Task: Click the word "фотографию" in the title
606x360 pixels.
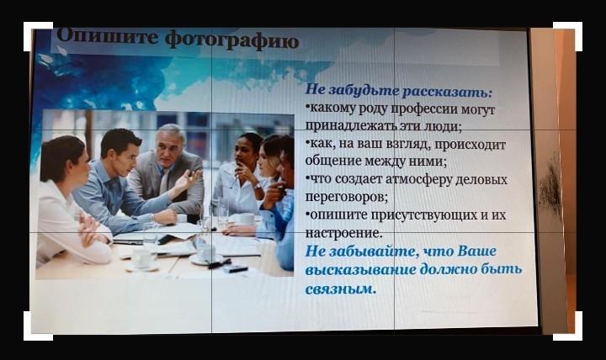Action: point(232,40)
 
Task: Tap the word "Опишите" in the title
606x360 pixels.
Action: point(107,36)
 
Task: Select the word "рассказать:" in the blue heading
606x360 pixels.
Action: point(447,91)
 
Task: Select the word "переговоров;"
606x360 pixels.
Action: point(346,197)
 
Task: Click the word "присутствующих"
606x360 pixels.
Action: point(423,214)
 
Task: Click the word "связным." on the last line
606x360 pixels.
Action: point(341,289)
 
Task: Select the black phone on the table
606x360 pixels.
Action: point(235,268)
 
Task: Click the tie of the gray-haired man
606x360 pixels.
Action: point(164,182)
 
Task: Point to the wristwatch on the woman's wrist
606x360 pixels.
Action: point(257,186)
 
